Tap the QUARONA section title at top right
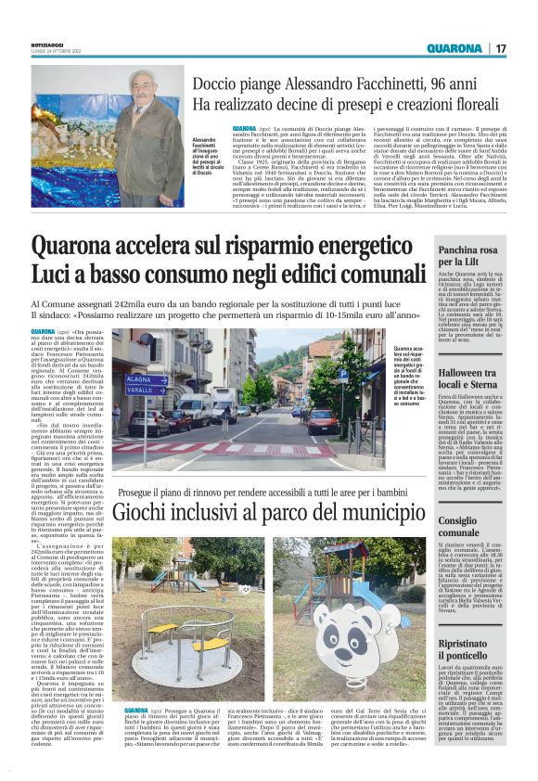455,47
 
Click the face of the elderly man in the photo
142,94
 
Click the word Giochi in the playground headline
148,511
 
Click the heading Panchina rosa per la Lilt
471,256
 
